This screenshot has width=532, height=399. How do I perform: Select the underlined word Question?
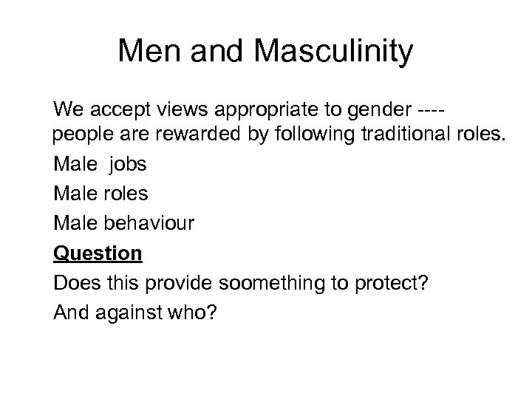coord(98,253)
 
